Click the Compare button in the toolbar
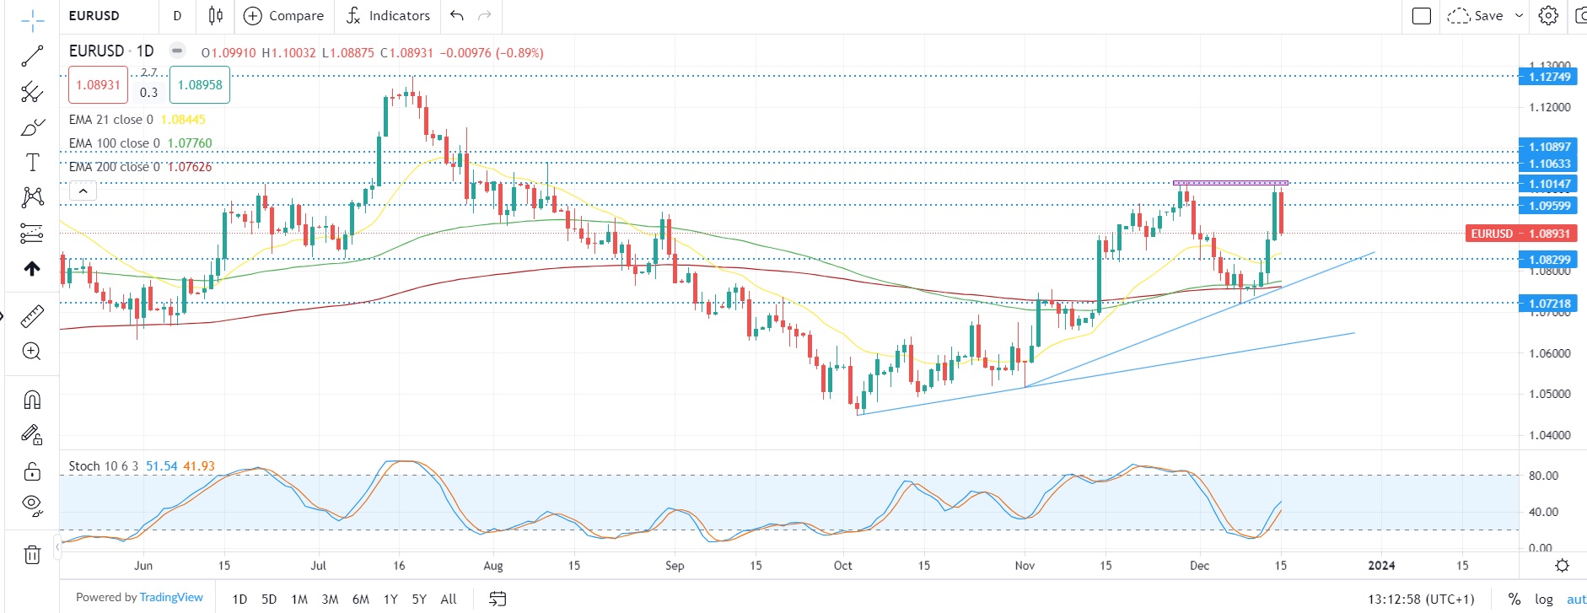click(283, 16)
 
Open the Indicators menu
click(388, 16)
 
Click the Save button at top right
click(1487, 16)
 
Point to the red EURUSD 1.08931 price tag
click(1520, 234)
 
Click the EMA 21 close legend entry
click(111, 120)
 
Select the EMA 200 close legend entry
click(116, 167)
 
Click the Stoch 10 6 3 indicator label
click(104, 466)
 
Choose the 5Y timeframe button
click(419, 600)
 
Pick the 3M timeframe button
click(330, 600)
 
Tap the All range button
click(449, 600)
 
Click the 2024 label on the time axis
click(1381, 566)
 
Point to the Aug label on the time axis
click(493, 566)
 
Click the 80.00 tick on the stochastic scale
click(1543, 476)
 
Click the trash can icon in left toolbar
click(32, 555)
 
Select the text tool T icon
click(32, 162)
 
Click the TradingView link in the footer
click(171, 598)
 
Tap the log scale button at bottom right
click(1544, 600)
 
